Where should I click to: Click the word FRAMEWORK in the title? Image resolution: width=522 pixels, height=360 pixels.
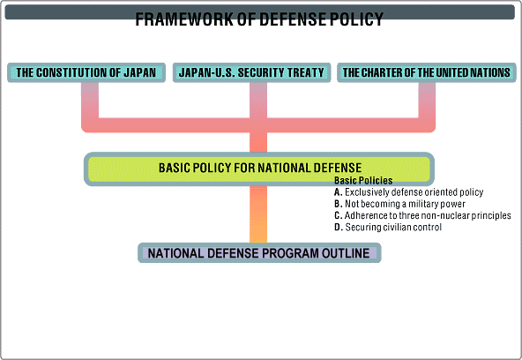click(x=184, y=19)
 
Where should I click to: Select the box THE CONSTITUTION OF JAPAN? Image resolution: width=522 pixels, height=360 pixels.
click(x=86, y=72)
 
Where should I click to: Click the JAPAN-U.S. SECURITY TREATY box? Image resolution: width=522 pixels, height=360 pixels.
click(x=251, y=72)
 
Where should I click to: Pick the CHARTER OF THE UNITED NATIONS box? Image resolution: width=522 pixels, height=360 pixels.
click(x=427, y=72)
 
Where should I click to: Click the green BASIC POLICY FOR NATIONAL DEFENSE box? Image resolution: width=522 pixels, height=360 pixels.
click(x=259, y=169)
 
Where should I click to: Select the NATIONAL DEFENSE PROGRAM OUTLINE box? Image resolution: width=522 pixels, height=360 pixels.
click(x=259, y=252)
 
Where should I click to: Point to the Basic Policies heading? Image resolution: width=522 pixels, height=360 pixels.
click(x=363, y=181)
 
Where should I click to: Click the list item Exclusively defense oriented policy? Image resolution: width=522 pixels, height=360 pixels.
click(x=408, y=192)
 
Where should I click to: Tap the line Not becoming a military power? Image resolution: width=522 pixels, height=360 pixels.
click(x=399, y=204)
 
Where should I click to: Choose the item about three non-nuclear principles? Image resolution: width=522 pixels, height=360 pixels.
click(x=422, y=215)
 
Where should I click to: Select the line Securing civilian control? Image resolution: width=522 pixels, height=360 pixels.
click(x=388, y=227)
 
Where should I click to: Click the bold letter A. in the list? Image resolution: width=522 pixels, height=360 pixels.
click(x=339, y=192)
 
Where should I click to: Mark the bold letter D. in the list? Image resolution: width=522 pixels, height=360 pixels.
click(x=339, y=227)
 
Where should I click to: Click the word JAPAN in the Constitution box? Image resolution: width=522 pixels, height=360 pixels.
click(x=139, y=72)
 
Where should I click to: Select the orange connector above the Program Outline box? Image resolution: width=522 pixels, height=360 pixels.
click(x=258, y=214)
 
